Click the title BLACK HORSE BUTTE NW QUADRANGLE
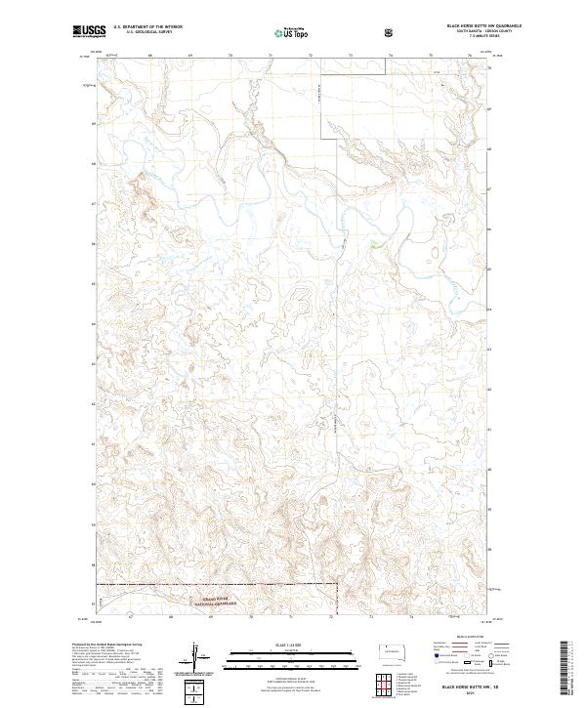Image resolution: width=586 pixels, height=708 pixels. (x=457, y=26)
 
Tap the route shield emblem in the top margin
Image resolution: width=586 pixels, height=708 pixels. (x=391, y=33)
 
